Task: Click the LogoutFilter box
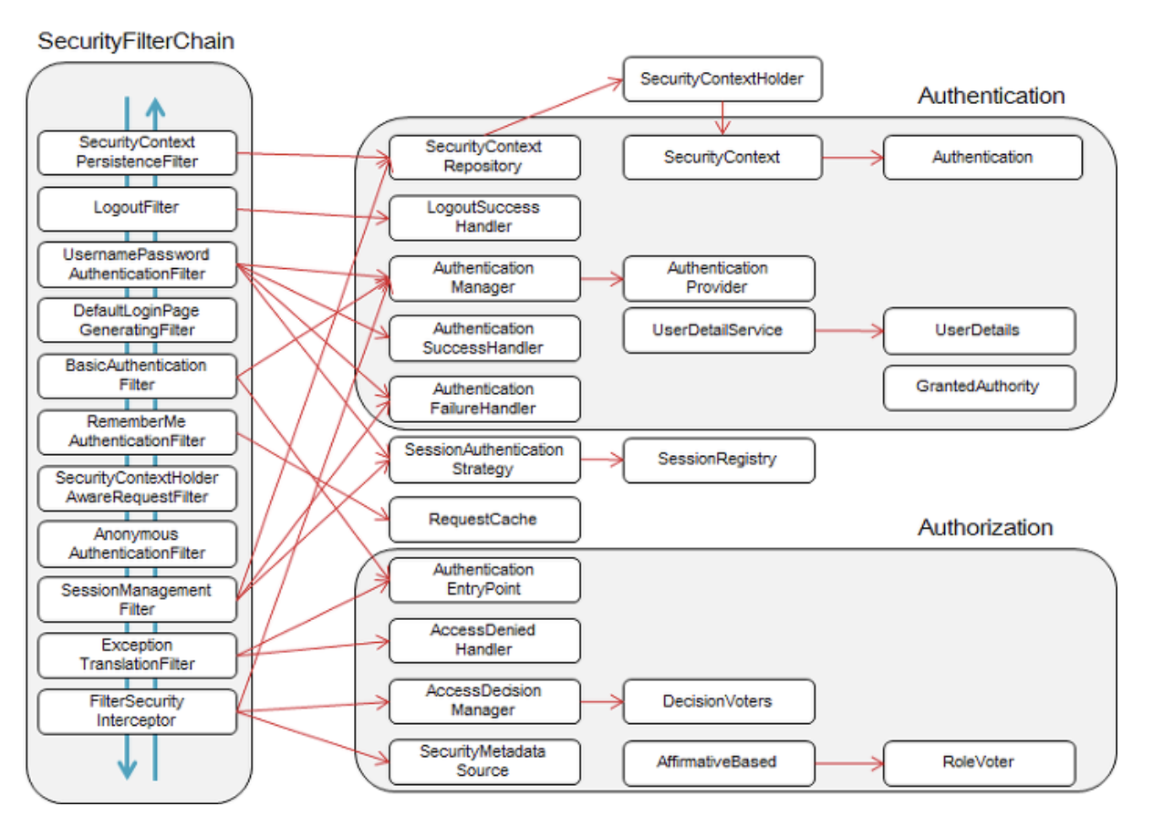coord(137,209)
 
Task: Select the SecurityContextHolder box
coord(722,79)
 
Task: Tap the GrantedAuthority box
coord(979,388)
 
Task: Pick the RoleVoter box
coord(979,763)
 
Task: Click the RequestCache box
coord(484,519)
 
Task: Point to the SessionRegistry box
coord(719,460)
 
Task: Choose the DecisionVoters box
coord(719,701)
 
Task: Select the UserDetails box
coord(979,331)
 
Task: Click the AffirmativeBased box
coord(719,763)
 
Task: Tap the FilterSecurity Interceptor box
coord(137,711)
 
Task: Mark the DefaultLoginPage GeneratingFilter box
coord(137,320)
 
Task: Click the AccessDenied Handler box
coord(484,640)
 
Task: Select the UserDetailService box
coord(719,330)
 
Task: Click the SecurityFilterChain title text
coord(136,41)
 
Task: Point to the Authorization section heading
coord(985,528)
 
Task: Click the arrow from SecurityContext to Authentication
coord(853,158)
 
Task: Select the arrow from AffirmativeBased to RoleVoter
coord(849,763)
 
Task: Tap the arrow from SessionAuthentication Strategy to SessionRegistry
coord(602,460)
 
